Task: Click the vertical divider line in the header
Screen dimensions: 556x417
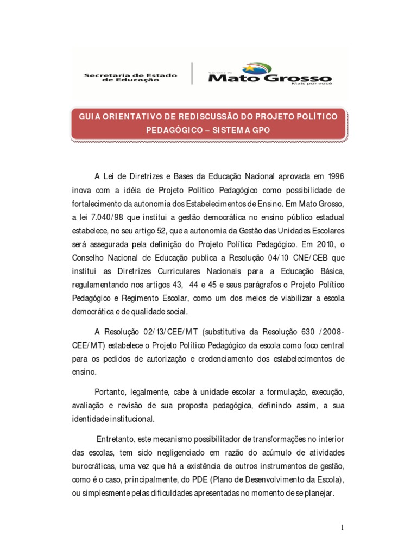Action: (192, 73)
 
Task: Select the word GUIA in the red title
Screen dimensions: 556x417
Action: (91, 117)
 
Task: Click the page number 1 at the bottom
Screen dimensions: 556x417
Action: (343, 528)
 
